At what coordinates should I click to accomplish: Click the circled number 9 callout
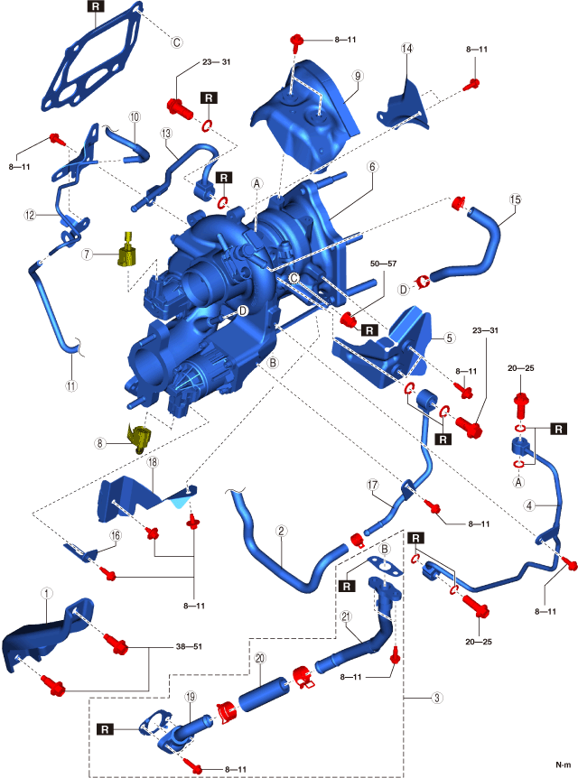click(x=358, y=77)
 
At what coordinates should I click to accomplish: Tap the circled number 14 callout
click(x=406, y=47)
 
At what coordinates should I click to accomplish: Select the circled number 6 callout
click(x=371, y=166)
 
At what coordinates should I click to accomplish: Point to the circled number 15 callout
click(x=515, y=199)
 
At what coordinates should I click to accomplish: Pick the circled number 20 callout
click(x=259, y=660)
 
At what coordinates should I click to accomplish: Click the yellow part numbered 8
click(x=140, y=438)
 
